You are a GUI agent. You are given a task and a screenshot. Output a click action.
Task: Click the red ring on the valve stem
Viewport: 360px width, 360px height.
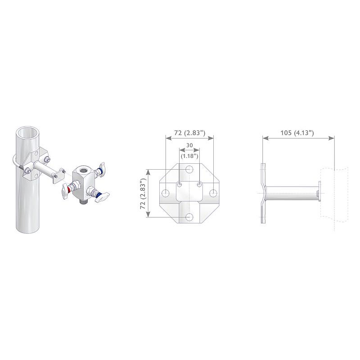(x=68, y=189)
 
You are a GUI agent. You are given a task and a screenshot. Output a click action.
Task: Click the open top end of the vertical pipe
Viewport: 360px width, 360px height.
(x=28, y=133)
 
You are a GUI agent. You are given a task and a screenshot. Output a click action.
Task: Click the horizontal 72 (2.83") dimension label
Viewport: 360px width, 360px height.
(x=189, y=133)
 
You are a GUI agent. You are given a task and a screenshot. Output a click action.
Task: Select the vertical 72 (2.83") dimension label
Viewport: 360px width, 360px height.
(x=143, y=193)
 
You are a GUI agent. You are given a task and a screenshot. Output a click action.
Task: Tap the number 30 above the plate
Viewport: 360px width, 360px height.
(x=189, y=145)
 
